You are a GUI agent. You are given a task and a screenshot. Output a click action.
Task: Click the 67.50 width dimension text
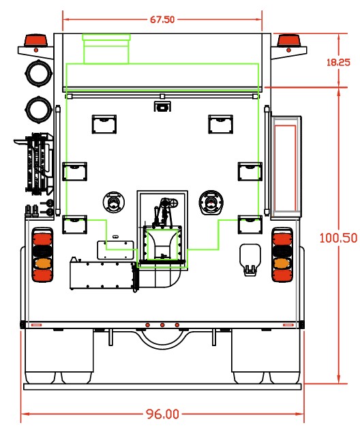162,20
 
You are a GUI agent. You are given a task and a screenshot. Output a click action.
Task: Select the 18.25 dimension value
338,62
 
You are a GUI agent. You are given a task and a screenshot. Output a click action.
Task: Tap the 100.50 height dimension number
338,238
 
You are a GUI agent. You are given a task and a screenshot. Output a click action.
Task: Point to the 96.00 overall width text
162,414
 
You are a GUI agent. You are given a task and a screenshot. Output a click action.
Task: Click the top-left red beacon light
36,40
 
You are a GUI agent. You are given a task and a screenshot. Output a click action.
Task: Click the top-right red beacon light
288,40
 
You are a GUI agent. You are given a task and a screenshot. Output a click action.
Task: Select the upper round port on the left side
38,73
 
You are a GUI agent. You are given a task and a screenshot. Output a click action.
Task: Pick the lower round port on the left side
39,109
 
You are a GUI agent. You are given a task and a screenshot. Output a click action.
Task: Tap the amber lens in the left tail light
42,263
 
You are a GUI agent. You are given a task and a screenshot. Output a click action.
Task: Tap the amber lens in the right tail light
282,263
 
